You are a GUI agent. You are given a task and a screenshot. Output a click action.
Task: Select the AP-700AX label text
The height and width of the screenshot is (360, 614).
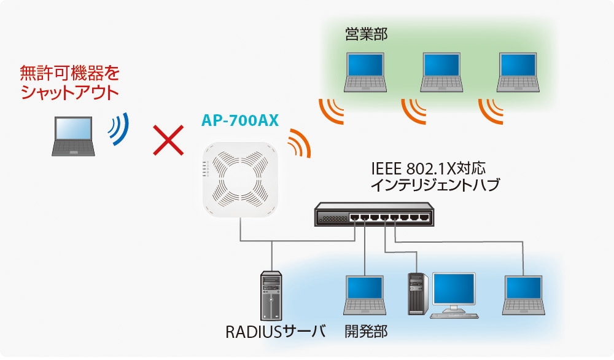click(240, 120)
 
